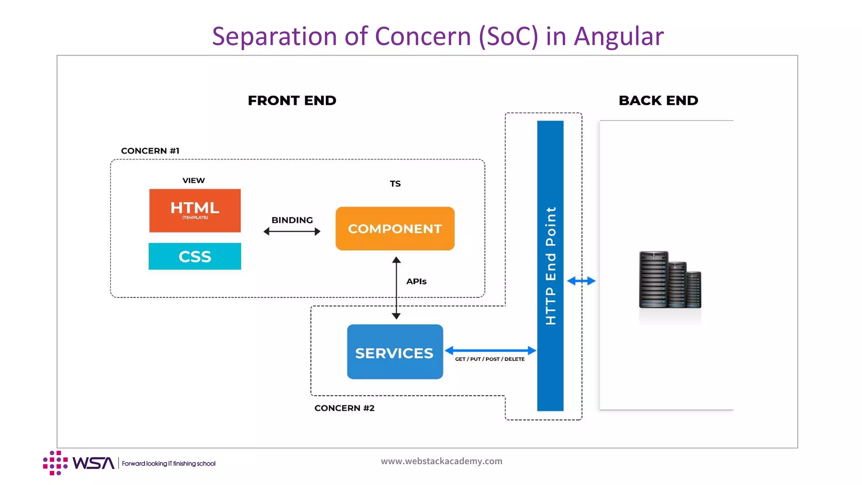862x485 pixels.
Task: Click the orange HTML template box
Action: coord(195,211)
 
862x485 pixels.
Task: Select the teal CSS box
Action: coord(195,256)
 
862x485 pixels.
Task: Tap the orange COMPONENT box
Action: coord(395,229)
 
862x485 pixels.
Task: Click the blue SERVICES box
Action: coord(395,352)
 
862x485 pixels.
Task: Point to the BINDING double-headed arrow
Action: coord(292,231)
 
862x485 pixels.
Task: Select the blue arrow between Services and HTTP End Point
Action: coord(490,350)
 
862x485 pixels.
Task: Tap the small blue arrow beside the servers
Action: coord(581,281)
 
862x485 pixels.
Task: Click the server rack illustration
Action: coord(669,280)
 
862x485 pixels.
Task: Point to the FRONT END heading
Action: coord(292,101)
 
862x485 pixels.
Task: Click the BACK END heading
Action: coord(658,101)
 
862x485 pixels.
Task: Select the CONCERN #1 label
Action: coord(150,151)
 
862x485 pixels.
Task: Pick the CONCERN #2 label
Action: coord(344,408)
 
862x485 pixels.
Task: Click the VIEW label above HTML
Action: coord(193,181)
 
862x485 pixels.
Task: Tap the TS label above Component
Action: coord(395,184)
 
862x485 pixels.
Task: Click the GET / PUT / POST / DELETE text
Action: coord(490,359)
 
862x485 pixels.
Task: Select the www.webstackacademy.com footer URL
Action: coord(441,461)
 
